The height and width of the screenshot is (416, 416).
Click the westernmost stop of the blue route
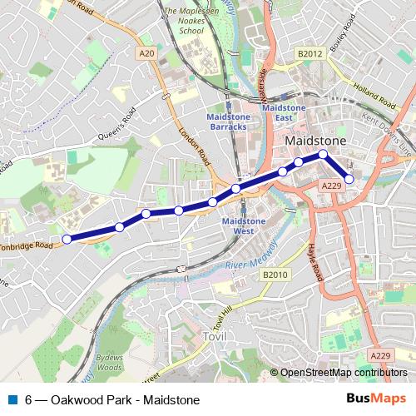click(67, 239)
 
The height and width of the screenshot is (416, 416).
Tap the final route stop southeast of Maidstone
click(349, 179)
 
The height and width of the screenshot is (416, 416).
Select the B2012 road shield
click(310, 54)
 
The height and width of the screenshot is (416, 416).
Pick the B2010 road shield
click(275, 275)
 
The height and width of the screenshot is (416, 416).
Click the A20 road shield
click(147, 54)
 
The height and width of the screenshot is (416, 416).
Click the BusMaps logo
click(377, 398)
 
